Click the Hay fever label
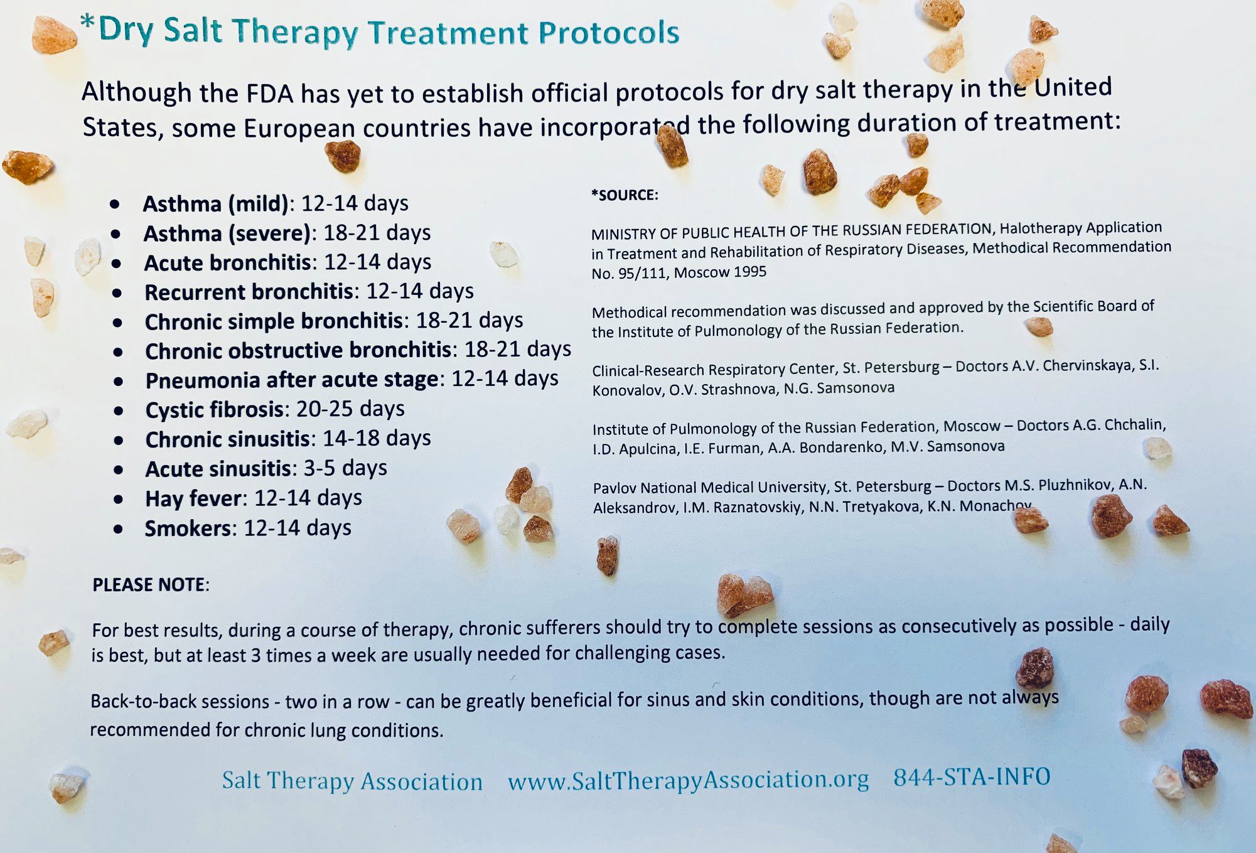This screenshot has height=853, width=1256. coord(193,499)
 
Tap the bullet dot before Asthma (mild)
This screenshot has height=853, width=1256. coord(115,205)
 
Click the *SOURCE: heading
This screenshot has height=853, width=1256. coord(625,195)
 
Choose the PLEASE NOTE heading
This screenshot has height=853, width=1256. coord(149,585)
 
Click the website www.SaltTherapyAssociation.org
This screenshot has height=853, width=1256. coord(689,780)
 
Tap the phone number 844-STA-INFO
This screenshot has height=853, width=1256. coord(972,777)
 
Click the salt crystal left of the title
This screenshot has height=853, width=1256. coord(54,36)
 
